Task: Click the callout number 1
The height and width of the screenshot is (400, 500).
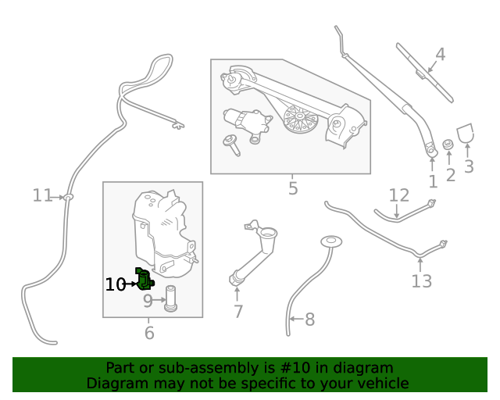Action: point(433,182)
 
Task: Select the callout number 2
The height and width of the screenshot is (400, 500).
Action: point(451,175)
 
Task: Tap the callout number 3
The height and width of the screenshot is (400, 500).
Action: point(469,166)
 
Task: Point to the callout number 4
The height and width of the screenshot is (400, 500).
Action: point(440,55)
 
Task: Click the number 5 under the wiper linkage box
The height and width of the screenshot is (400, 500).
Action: point(293,188)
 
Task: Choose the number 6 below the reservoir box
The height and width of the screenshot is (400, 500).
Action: point(149,334)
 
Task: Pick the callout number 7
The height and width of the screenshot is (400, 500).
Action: point(238,312)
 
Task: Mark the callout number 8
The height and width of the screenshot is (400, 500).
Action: point(309,319)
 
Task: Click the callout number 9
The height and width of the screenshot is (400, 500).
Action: point(148,300)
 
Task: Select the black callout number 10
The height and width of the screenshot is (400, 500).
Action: point(115,284)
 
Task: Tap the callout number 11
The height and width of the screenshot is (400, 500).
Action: point(42,195)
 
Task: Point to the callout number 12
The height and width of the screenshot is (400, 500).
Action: point(399,195)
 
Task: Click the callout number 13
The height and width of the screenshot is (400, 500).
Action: point(421,280)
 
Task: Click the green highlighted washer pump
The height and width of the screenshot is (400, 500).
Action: point(145,278)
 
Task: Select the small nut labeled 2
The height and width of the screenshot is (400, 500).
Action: point(448,145)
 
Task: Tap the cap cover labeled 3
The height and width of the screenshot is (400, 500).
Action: point(466,133)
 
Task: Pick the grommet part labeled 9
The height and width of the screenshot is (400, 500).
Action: point(170,298)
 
